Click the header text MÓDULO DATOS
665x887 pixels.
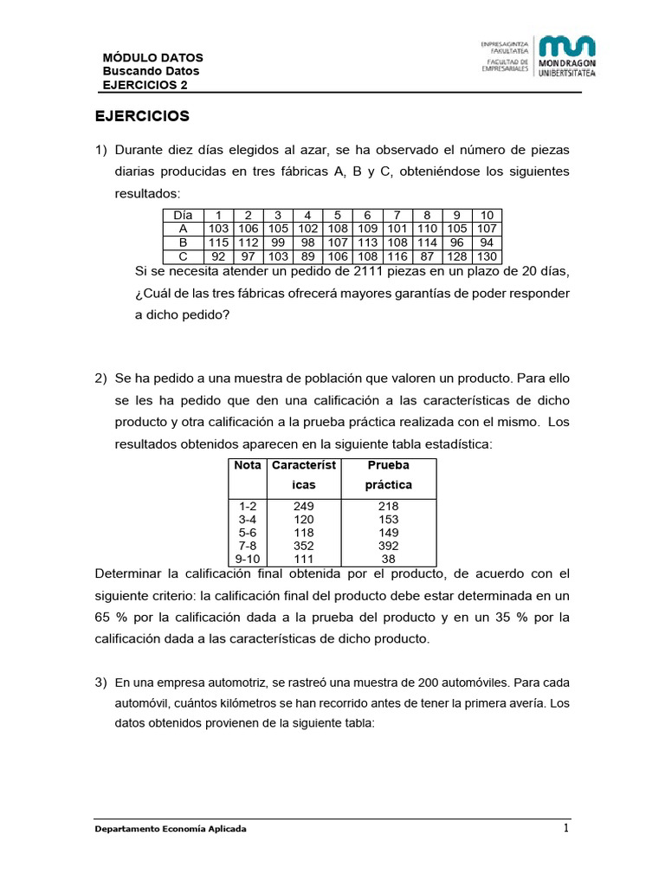click(152, 58)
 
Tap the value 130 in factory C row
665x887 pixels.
click(487, 257)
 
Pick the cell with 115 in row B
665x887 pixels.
click(218, 243)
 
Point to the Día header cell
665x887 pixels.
click(183, 216)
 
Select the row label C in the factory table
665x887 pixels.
click(183, 257)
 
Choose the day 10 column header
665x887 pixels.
click(487, 216)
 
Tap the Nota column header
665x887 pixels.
click(248, 465)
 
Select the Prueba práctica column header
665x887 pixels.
click(388, 475)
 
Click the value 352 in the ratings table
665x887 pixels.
click(304, 546)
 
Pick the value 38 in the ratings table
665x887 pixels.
click(388, 560)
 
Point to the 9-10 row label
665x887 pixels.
click(248, 560)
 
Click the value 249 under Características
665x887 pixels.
click(304, 505)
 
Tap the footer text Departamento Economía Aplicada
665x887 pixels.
click(171, 829)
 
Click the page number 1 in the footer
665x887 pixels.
click(565, 828)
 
